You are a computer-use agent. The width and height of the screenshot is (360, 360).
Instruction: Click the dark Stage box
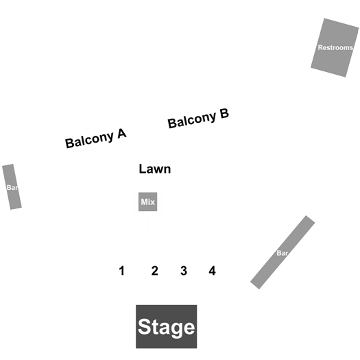click(x=166, y=326)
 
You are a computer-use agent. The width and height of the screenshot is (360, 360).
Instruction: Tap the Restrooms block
click(x=335, y=47)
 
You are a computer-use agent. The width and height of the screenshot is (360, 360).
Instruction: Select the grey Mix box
click(x=147, y=202)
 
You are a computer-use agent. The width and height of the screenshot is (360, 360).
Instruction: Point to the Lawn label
click(x=155, y=169)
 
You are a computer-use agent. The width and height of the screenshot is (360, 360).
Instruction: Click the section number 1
click(x=121, y=271)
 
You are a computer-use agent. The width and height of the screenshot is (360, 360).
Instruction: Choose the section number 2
click(x=155, y=271)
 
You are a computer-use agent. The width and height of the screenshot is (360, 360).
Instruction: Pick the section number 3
click(x=184, y=271)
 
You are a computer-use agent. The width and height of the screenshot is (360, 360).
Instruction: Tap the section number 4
click(x=213, y=271)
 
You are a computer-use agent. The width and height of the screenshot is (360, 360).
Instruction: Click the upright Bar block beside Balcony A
click(x=12, y=187)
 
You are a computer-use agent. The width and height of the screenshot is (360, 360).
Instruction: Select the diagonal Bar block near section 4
click(x=283, y=252)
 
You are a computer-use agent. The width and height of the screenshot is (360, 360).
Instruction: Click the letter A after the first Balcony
click(x=121, y=134)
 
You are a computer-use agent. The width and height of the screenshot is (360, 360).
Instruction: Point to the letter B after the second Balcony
click(x=224, y=113)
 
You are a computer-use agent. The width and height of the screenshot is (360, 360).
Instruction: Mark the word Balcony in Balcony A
click(x=90, y=140)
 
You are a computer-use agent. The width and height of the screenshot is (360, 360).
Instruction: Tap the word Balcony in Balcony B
click(x=192, y=119)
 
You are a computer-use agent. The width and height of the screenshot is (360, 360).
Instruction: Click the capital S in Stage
click(x=145, y=326)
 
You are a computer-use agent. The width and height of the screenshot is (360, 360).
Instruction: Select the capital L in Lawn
click(x=142, y=169)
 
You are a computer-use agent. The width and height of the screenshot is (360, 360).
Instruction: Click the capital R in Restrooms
click(x=320, y=47)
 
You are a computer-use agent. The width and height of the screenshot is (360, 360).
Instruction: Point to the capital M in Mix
click(x=144, y=202)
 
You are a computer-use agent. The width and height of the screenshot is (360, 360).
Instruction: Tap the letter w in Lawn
click(x=159, y=170)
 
